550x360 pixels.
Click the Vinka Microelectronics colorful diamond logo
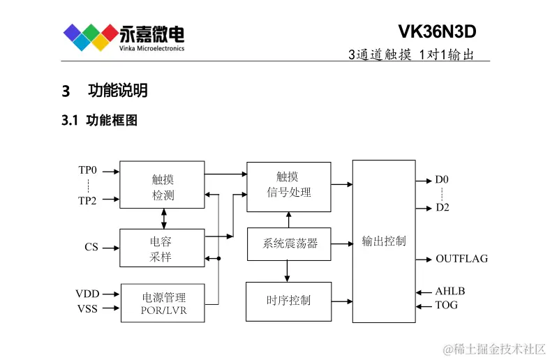pyautogui.click(x=91, y=37)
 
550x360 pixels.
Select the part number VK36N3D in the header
pyautogui.click(x=437, y=32)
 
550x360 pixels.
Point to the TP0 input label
pyautogui.click(x=88, y=170)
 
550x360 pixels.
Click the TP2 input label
pyautogui.click(x=88, y=200)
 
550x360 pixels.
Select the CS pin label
pyautogui.click(x=91, y=247)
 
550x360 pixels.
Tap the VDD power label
pyautogui.click(x=88, y=294)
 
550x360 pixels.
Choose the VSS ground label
pyautogui.click(x=88, y=308)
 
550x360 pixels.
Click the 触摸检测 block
pyautogui.click(x=163, y=187)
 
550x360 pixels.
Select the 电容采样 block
pyautogui.click(x=162, y=248)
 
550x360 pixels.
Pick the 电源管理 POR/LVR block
pyautogui.click(x=163, y=303)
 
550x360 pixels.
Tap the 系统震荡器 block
pyautogui.click(x=289, y=243)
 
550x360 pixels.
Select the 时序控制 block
pyautogui.click(x=288, y=301)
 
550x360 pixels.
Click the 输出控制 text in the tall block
pyautogui.click(x=383, y=241)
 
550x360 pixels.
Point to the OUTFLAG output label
pyautogui.click(x=461, y=259)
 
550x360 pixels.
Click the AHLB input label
pyautogui.click(x=449, y=292)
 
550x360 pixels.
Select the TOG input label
pyautogui.click(x=447, y=305)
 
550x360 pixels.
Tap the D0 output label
pyautogui.click(x=442, y=180)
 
